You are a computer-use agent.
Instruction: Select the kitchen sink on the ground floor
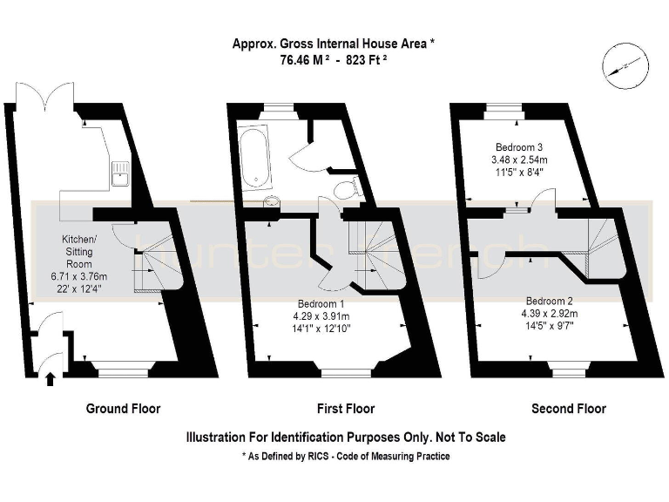[x=119, y=174]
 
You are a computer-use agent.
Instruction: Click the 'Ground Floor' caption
[x=123, y=408]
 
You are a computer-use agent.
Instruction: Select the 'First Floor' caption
[x=345, y=408]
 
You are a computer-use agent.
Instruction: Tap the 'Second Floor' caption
[x=568, y=408]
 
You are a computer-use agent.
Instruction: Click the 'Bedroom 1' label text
[x=322, y=304]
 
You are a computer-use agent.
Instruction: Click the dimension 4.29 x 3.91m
[x=322, y=316]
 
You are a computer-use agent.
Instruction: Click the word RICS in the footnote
[x=321, y=457]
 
